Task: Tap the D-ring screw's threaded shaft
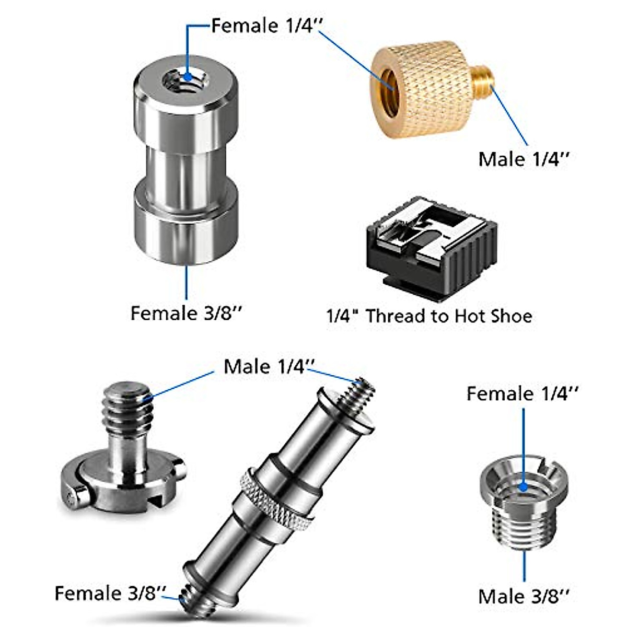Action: [127, 405]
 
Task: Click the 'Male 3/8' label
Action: [523, 596]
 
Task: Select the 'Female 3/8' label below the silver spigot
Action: [187, 313]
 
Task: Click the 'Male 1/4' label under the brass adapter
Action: [523, 159]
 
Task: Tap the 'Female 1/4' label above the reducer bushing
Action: [522, 393]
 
